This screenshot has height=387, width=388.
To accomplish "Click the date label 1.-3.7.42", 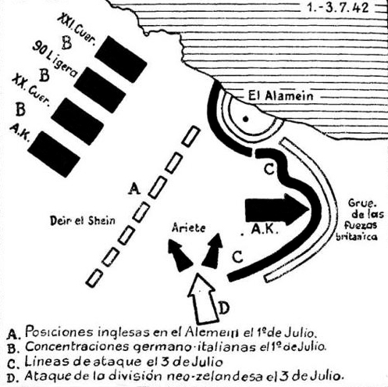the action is click(337, 8).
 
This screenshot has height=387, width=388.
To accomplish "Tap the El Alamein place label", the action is click(280, 96).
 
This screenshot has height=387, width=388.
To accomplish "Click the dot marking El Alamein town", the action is click(245, 120).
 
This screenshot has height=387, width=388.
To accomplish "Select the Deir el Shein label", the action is click(82, 220).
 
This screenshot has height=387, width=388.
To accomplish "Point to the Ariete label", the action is click(189, 228).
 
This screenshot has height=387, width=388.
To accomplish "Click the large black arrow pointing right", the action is click(277, 210).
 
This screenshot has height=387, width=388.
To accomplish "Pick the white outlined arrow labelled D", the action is click(202, 299).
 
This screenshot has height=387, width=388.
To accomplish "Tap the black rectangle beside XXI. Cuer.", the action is click(121, 59).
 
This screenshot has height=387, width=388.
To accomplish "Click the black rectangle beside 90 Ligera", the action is click(100, 90).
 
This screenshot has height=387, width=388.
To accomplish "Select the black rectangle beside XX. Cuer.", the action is click(77, 121).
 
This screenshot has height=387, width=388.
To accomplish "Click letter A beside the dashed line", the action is click(134, 189).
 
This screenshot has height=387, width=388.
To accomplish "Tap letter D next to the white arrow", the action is click(224, 308).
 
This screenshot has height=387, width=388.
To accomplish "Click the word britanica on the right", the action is click(357, 236).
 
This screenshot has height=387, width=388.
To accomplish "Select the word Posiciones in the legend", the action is click(59, 332).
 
